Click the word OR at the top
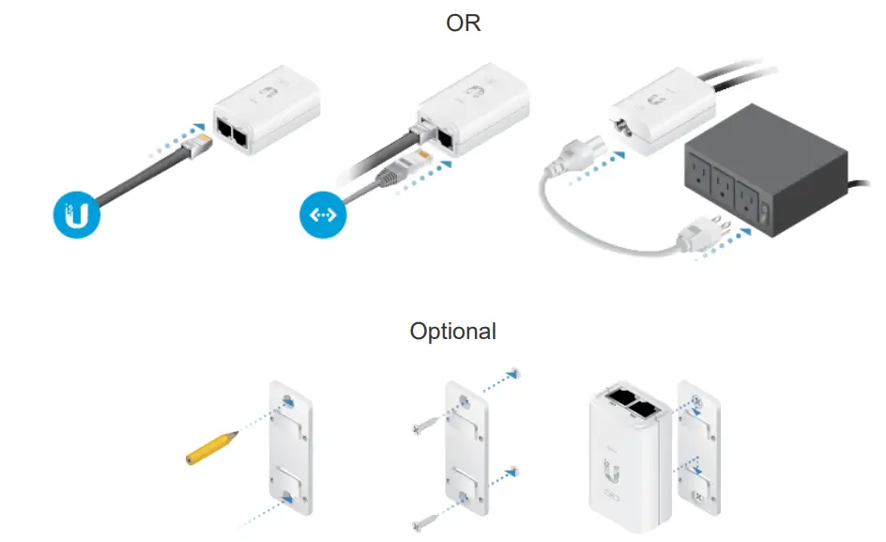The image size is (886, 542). [464, 23]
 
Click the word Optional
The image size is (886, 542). [452, 332]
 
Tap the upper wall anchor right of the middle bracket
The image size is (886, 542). [512, 375]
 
